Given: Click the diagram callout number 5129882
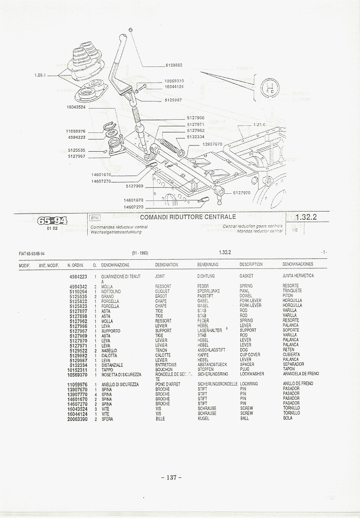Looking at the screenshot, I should click(173, 65).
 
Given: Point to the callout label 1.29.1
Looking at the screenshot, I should click(41, 75).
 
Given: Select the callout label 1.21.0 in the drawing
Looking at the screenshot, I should click(259, 124).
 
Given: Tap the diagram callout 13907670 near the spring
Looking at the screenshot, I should click(212, 144).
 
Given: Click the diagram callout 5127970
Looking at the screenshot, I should click(242, 193).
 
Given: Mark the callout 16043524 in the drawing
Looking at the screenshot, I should click(76, 107).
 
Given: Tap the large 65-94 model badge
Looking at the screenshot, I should click(52, 220).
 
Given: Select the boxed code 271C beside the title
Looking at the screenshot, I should click(94, 218).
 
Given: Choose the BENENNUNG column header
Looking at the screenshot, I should click(207, 264).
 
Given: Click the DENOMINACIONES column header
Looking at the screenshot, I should click(298, 264).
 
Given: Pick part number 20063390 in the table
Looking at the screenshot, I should click(77, 419).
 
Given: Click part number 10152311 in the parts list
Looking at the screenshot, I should click(77, 369).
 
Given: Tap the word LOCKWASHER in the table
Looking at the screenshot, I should click(251, 374).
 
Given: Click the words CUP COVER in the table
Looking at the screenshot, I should click(250, 355).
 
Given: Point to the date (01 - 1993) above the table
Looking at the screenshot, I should click(139, 252).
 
